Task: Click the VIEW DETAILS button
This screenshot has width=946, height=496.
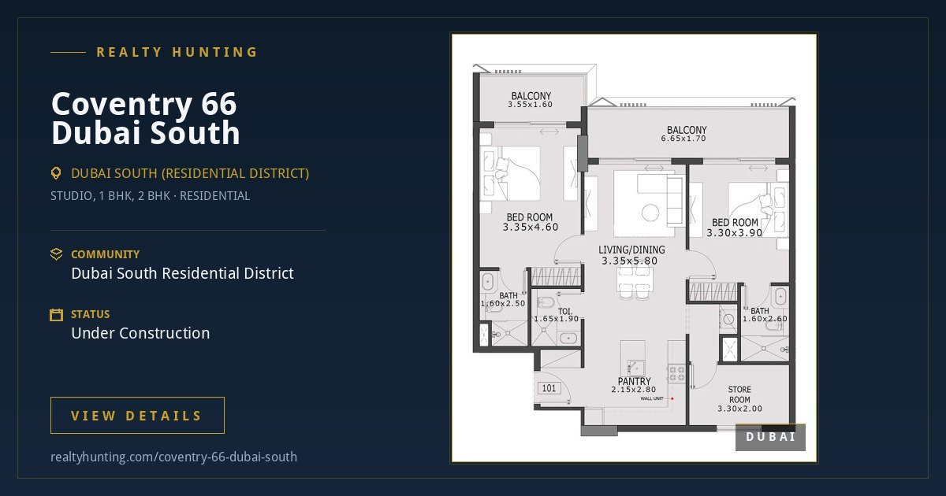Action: (137, 415)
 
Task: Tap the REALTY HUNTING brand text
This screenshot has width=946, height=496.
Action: (177, 52)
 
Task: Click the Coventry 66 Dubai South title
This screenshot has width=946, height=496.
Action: (146, 118)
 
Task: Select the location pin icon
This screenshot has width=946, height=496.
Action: (56, 173)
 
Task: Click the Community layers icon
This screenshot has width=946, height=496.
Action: (56, 254)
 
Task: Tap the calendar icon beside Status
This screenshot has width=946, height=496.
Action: (56, 315)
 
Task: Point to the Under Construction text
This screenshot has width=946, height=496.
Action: (140, 333)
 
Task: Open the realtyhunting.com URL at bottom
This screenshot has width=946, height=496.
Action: (173, 457)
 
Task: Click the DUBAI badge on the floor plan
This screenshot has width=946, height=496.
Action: (770, 437)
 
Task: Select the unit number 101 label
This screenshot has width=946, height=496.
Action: (549, 388)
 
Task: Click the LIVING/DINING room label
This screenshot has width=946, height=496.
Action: (631, 250)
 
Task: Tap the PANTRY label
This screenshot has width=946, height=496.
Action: (634, 381)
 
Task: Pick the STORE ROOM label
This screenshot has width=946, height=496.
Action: (739, 394)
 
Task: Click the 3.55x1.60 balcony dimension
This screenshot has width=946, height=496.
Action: (530, 105)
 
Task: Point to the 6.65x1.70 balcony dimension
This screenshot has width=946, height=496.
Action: (683, 139)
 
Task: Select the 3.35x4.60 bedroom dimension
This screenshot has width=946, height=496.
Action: (531, 228)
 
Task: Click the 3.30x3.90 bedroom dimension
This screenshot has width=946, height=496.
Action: (735, 233)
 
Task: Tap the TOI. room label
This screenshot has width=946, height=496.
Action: (565, 312)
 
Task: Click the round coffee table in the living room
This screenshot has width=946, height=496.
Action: (650, 213)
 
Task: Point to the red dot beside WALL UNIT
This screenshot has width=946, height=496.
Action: (672, 398)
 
